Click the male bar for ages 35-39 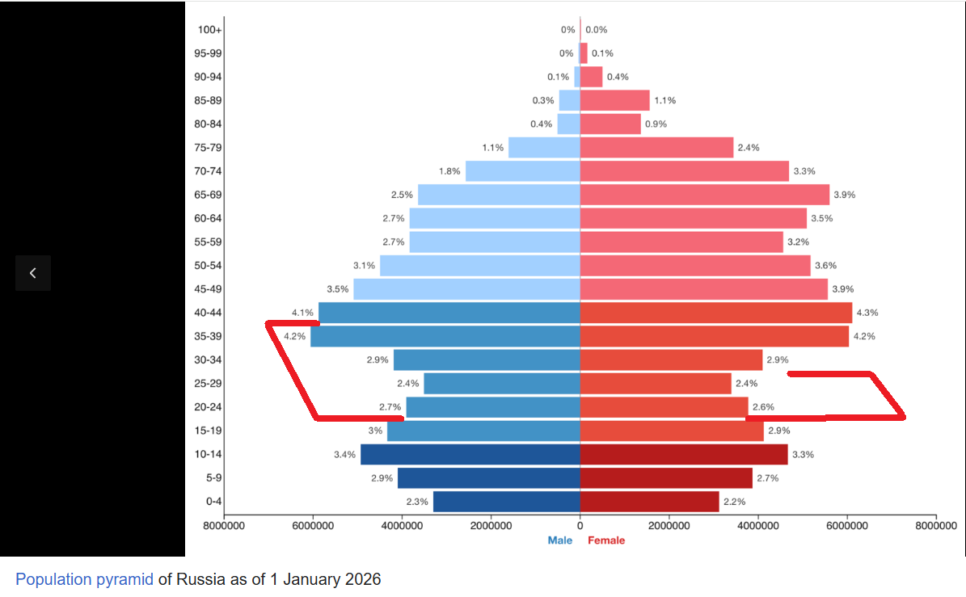point(445,336)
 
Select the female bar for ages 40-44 point(716,313)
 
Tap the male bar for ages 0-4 point(506,502)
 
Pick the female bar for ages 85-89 point(615,100)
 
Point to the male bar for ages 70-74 point(522,171)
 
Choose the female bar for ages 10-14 point(684,454)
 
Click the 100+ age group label point(209,30)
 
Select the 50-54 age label point(208,265)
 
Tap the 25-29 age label point(208,384)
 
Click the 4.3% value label point(867,313)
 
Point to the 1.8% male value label point(449,171)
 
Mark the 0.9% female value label point(656,124)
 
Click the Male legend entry point(560,540)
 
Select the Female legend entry point(606,540)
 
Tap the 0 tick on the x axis point(580,526)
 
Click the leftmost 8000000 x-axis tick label point(224,526)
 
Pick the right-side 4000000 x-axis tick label point(757,526)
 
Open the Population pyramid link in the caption point(84,579)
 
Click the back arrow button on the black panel point(33,273)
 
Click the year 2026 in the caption point(363,579)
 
